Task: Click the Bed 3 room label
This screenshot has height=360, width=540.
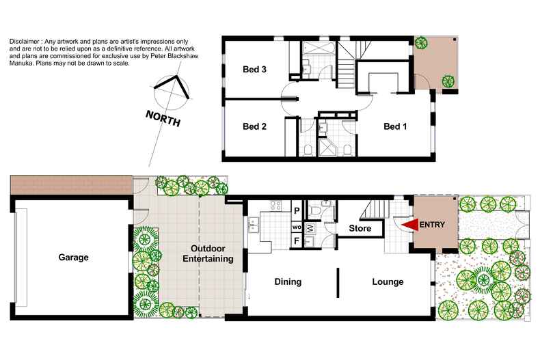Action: click(254, 69)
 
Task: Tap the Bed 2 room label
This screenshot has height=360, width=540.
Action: click(254, 126)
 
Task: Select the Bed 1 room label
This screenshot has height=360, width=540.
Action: click(395, 126)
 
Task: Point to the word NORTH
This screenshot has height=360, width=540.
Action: click(163, 118)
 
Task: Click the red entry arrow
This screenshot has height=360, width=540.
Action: click(410, 225)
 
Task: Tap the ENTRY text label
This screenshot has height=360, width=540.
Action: click(432, 225)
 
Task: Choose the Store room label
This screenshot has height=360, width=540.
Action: click(360, 228)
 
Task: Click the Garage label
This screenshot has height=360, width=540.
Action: click(73, 257)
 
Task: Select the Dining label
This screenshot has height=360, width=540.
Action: click(288, 281)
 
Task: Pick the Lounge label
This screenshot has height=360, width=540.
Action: click(388, 281)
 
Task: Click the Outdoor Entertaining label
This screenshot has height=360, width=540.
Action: click(208, 253)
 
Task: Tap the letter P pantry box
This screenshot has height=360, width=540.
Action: click(297, 210)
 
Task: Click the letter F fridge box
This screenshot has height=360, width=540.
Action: click(297, 241)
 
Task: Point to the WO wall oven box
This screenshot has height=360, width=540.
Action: click(297, 227)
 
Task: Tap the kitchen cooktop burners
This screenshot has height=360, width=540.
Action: click(275, 206)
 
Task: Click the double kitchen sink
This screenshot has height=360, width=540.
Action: click(254, 224)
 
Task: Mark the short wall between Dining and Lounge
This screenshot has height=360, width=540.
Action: click(338, 283)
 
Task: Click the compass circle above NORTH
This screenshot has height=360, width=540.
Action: click(171, 93)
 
